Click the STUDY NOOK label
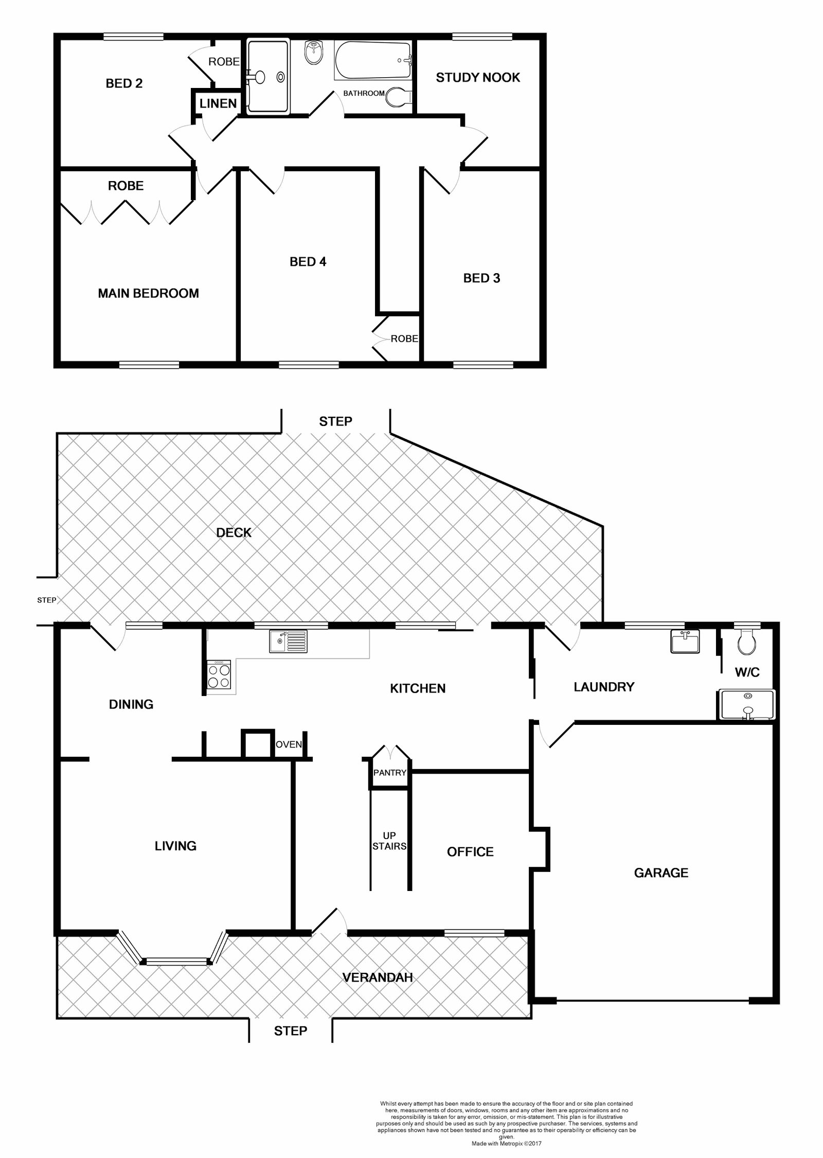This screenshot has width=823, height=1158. pyautogui.click(x=477, y=78)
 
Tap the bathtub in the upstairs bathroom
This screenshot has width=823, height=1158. pyautogui.click(x=373, y=61)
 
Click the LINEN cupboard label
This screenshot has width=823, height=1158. pyautogui.click(x=218, y=103)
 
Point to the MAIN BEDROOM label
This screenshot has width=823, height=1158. pyautogui.click(x=148, y=293)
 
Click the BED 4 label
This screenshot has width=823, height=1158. pyautogui.click(x=308, y=262)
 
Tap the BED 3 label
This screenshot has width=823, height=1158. pyautogui.click(x=481, y=278)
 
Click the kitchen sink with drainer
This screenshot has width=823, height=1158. pyautogui.click(x=288, y=642)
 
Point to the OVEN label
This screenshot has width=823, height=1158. pyautogui.click(x=289, y=744)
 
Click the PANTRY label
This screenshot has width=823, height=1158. pyautogui.click(x=390, y=773)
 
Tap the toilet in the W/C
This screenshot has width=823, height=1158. pyautogui.click(x=745, y=642)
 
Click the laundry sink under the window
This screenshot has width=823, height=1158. pyautogui.click(x=685, y=642)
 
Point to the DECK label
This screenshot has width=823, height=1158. pyautogui.click(x=234, y=532)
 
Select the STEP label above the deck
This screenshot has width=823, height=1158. pyautogui.click(x=335, y=421)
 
